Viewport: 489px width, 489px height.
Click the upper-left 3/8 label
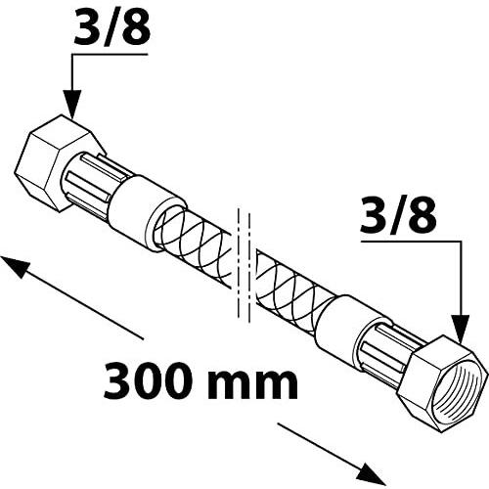click(112, 26)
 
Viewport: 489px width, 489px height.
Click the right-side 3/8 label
click(398, 214)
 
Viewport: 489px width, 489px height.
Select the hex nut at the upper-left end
click(61, 163)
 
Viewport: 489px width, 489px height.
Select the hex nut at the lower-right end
click(443, 383)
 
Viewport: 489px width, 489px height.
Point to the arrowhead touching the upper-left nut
click(72, 104)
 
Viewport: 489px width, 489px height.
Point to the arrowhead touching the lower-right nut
click(460, 328)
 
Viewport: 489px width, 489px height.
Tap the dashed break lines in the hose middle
click(244, 265)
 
